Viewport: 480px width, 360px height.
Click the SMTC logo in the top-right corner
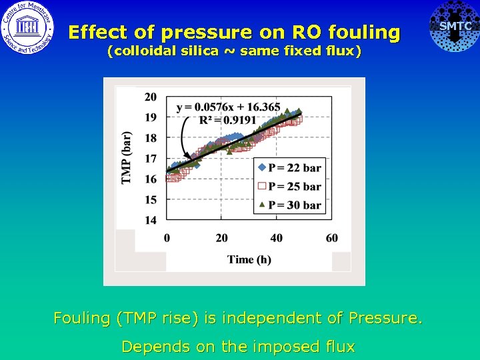pos(455,27)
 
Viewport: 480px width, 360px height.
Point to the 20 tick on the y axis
pos(151,97)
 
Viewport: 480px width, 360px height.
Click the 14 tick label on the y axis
pos(151,220)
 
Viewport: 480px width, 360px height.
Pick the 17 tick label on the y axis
pos(151,159)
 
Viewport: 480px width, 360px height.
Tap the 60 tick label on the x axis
pos(331,239)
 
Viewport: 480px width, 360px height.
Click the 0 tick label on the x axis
pos(167,239)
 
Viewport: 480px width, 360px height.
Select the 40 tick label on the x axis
pos(276,239)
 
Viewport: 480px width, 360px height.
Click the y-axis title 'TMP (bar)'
pos(126,157)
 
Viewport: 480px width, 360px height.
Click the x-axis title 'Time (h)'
pos(249,259)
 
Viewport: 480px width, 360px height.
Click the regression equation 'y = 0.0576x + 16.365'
pos(228,107)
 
